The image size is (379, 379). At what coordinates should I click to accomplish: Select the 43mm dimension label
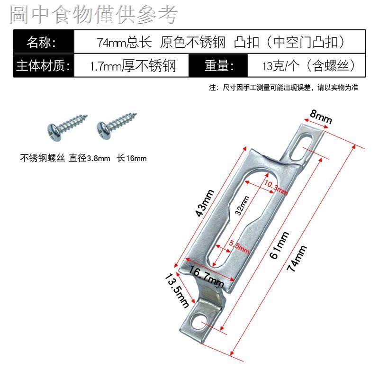[205, 202]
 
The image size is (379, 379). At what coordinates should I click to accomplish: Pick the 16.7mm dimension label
[206, 276]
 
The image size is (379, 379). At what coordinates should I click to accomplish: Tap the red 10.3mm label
[275, 188]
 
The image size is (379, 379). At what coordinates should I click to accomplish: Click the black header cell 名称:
[43, 42]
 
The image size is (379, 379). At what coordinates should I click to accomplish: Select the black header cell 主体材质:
[43, 65]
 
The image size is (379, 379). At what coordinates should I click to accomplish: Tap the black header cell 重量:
[218, 65]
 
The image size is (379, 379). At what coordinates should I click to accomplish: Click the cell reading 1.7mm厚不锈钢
[132, 65]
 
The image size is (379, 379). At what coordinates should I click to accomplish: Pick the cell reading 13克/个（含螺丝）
[308, 65]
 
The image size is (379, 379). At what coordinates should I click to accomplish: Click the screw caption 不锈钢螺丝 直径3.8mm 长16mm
[83, 158]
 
